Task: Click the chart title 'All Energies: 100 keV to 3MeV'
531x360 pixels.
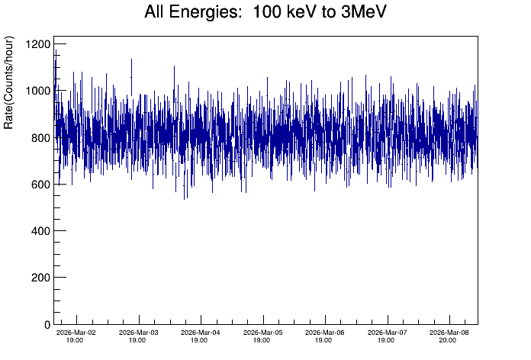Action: (265, 13)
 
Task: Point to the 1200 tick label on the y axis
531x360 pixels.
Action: (36, 44)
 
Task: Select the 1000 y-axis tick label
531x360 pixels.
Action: (36, 91)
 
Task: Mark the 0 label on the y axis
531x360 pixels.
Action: (47, 324)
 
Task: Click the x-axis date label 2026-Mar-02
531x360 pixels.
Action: (76, 333)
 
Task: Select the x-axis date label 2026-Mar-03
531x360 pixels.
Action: (138, 333)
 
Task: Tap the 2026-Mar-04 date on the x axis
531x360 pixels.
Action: (200, 333)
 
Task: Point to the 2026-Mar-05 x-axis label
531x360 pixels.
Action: (262, 333)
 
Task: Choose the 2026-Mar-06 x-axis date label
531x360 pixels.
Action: (324, 333)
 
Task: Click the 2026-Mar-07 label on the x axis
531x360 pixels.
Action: (386, 333)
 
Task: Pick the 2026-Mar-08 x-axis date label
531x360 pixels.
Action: (448, 333)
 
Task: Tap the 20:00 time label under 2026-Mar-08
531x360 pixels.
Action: (448, 340)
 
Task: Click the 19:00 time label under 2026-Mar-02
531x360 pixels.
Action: (76, 340)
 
